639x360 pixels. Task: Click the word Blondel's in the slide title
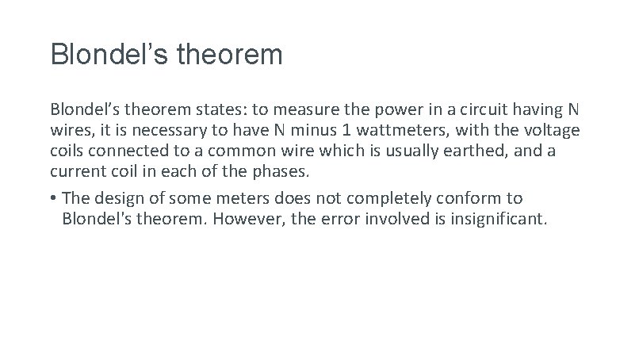pos(105,55)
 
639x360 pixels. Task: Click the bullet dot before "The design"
pos(53,197)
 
